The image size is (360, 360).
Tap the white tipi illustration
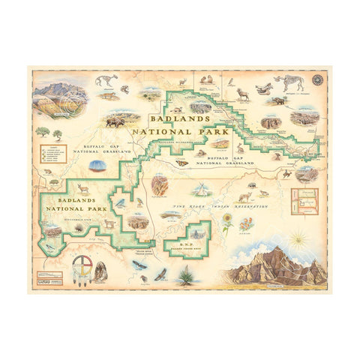pyautogui.click(x=202, y=186)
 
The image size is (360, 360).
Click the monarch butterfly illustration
pyautogui.click(x=181, y=161)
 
